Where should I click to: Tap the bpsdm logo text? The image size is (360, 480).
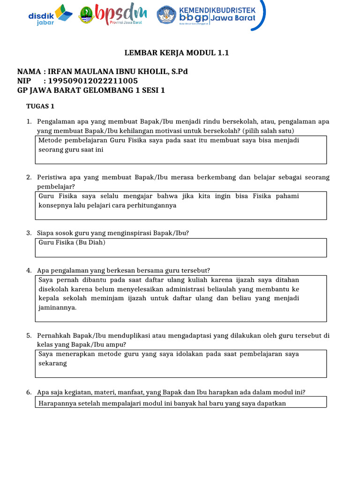coord(121,14)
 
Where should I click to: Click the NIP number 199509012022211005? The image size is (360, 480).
coord(93,81)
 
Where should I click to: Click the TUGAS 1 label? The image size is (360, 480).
coord(40,106)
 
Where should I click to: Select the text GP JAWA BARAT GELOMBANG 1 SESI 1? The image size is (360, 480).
coord(91,90)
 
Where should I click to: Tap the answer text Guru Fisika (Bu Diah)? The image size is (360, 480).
coord(72,242)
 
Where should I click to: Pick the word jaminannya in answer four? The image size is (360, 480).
coord(57,307)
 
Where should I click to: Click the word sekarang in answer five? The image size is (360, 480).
coord(52,363)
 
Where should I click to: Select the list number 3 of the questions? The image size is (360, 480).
coord(29,233)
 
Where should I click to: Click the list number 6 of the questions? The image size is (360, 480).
coord(29,392)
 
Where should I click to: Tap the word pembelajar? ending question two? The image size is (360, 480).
coord(53,187)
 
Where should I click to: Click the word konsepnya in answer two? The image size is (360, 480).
coord(53,205)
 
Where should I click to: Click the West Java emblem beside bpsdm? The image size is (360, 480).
coord(86,15)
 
